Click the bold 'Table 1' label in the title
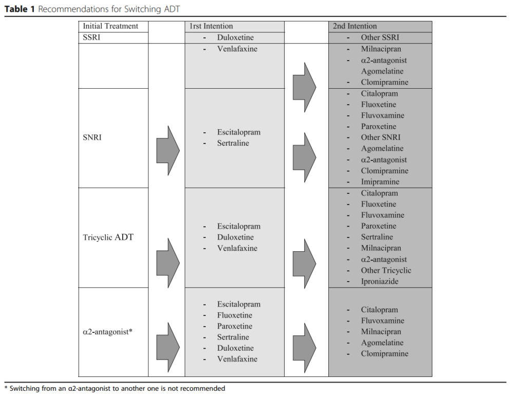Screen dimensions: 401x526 (20, 9)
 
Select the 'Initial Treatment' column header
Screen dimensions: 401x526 (110, 26)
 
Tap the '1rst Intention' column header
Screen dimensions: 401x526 (211, 26)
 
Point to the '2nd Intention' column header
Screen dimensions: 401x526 (354, 26)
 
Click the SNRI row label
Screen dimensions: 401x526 (92, 137)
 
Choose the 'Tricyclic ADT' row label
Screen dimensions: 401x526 (108, 237)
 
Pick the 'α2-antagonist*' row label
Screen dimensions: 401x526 (107, 332)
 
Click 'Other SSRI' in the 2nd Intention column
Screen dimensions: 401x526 (380, 37)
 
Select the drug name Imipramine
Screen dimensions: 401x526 (380, 182)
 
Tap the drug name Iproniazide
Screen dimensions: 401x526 (379, 282)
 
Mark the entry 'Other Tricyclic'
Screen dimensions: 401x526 (386, 270)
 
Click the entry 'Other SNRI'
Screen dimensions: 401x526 (381, 137)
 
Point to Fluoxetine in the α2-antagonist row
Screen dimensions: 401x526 (235, 315)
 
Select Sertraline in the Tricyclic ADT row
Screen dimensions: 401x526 (377, 237)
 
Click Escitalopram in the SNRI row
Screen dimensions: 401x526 (238, 132)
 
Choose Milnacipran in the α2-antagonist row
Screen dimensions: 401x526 (381, 332)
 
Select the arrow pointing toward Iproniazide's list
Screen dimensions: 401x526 (304, 262)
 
